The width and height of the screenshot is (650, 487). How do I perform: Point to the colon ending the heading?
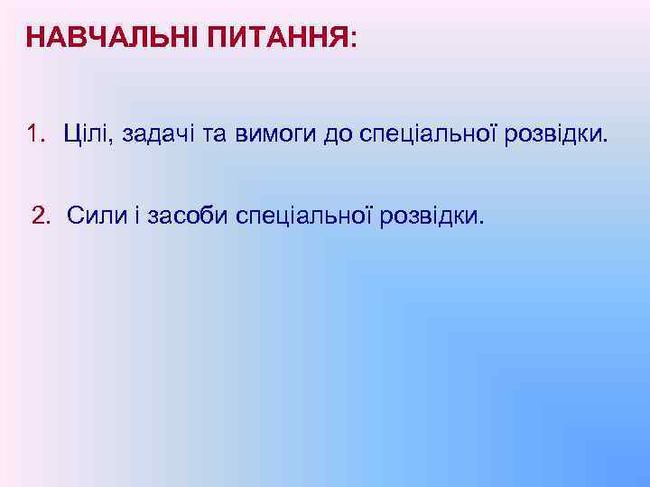click(x=353, y=40)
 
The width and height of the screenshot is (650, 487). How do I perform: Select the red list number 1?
click(x=33, y=135)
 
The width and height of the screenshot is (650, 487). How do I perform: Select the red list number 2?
click(x=40, y=216)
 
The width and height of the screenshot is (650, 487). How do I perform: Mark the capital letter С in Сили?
click(x=74, y=216)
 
